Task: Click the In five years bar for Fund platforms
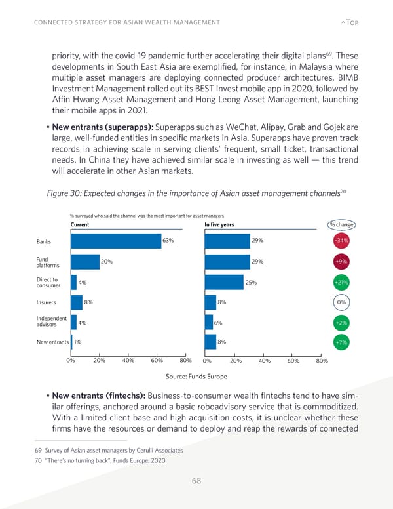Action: (x=225, y=261)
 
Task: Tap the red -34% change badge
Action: (x=341, y=241)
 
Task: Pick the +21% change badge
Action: (x=341, y=282)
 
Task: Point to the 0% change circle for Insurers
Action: (x=341, y=302)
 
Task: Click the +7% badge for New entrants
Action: (x=341, y=342)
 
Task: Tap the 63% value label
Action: (x=168, y=241)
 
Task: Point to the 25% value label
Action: (x=251, y=282)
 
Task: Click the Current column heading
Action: (x=80, y=225)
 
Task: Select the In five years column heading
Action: (x=219, y=225)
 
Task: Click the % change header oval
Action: (x=341, y=225)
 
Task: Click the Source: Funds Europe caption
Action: (x=196, y=377)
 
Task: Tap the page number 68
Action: (x=196, y=481)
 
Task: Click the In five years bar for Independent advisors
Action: (x=208, y=322)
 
